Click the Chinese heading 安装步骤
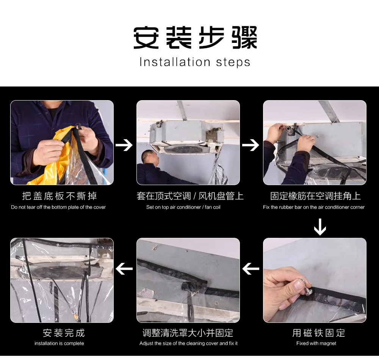tap(195, 38)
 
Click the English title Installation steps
tap(195, 62)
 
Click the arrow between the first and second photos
tap(124, 145)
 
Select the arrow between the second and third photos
tap(251, 145)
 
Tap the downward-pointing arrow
tap(320, 227)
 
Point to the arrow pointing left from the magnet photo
tap(251, 269)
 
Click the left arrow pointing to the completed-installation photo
tap(124, 269)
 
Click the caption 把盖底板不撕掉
tap(60, 196)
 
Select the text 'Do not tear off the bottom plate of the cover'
tap(58, 207)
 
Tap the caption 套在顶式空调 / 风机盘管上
tap(190, 196)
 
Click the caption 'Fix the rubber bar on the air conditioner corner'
tap(314, 207)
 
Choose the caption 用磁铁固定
tap(319, 333)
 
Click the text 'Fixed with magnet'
tap(316, 343)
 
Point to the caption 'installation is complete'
tap(59, 343)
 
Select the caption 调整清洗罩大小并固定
tap(188, 333)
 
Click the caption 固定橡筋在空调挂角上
tap(315, 196)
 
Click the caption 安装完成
tap(64, 333)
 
